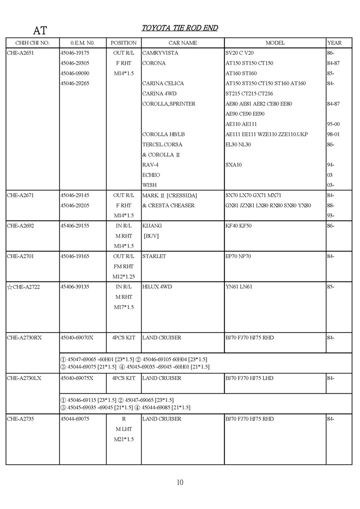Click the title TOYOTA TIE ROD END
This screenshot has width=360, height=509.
[x=179, y=28]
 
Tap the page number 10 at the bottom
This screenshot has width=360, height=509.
[x=180, y=482]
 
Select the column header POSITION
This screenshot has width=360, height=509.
[x=123, y=43]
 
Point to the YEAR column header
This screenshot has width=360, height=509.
[x=334, y=43]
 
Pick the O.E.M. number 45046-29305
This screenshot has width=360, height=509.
[x=74, y=63]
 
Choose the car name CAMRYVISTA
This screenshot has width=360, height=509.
[x=160, y=53]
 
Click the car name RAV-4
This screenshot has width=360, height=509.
[x=150, y=164]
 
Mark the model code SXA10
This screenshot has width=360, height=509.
[x=233, y=164]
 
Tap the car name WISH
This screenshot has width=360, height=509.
[x=149, y=185]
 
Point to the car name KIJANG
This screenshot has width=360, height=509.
[x=152, y=225]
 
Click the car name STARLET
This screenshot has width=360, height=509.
[x=154, y=256]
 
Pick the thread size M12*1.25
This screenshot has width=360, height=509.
[x=123, y=276]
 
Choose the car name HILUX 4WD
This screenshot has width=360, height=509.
[x=157, y=286]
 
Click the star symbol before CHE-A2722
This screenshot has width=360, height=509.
[x=9, y=286]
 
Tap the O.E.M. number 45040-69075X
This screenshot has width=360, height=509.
[x=76, y=378]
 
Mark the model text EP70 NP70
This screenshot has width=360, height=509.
[x=238, y=256]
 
